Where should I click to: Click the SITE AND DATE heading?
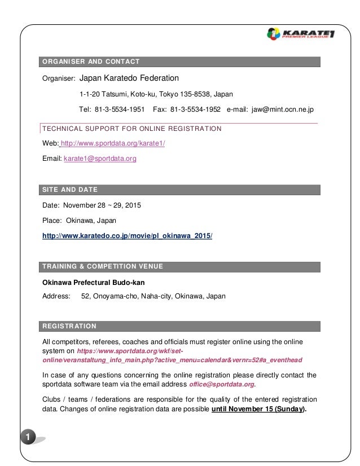[70, 189]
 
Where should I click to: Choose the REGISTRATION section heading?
[69, 326]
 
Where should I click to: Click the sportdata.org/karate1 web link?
[113, 144]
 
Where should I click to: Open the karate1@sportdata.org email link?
[100, 159]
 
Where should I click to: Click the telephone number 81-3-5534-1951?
[120, 109]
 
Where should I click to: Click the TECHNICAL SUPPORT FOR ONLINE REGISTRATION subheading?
[132, 129]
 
